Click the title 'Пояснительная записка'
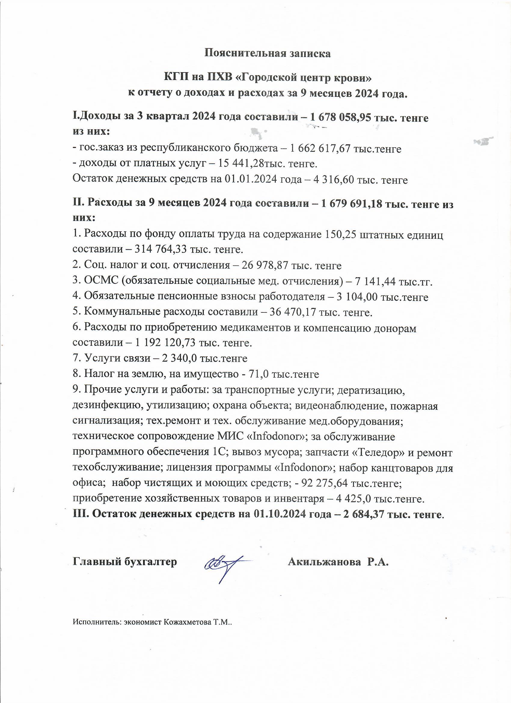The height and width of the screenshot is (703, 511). [x=268, y=54]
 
